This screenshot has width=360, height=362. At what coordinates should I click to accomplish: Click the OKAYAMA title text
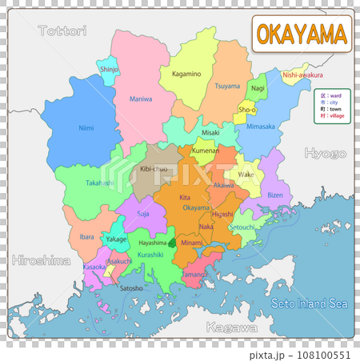pyautogui.click(x=302, y=34)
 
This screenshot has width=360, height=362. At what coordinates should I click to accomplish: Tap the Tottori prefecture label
pyautogui.click(x=61, y=31)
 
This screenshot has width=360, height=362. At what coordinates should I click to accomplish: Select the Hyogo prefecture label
pyautogui.click(x=324, y=152)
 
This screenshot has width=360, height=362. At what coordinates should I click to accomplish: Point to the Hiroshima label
pyautogui.click(x=41, y=259)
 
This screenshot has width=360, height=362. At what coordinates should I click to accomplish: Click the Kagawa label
pyautogui.click(x=231, y=328)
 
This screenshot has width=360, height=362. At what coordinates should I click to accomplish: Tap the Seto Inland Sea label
pyautogui.click(x=310, y=304)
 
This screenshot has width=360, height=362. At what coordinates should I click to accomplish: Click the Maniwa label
pyautogui.click(x=142, y=99)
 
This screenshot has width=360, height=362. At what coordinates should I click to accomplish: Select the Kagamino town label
pyautogui.click(x=186, y=74)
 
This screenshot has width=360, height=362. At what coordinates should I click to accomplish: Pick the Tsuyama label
pyautogui.click(x=227, y=86)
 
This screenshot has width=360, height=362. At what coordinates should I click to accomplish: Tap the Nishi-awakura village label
pyautogui.click(x=302, y=75)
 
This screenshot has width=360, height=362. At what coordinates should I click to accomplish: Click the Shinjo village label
pyautogui.click(x=110, y=70)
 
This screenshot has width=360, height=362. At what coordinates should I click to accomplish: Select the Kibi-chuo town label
pyautogui.click(x=154, y=170)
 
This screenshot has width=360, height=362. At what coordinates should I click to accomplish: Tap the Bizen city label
pyautogui.click(x=274, y=195)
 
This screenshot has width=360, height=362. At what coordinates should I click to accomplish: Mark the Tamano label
pyautogui.click(x=195, y=274)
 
